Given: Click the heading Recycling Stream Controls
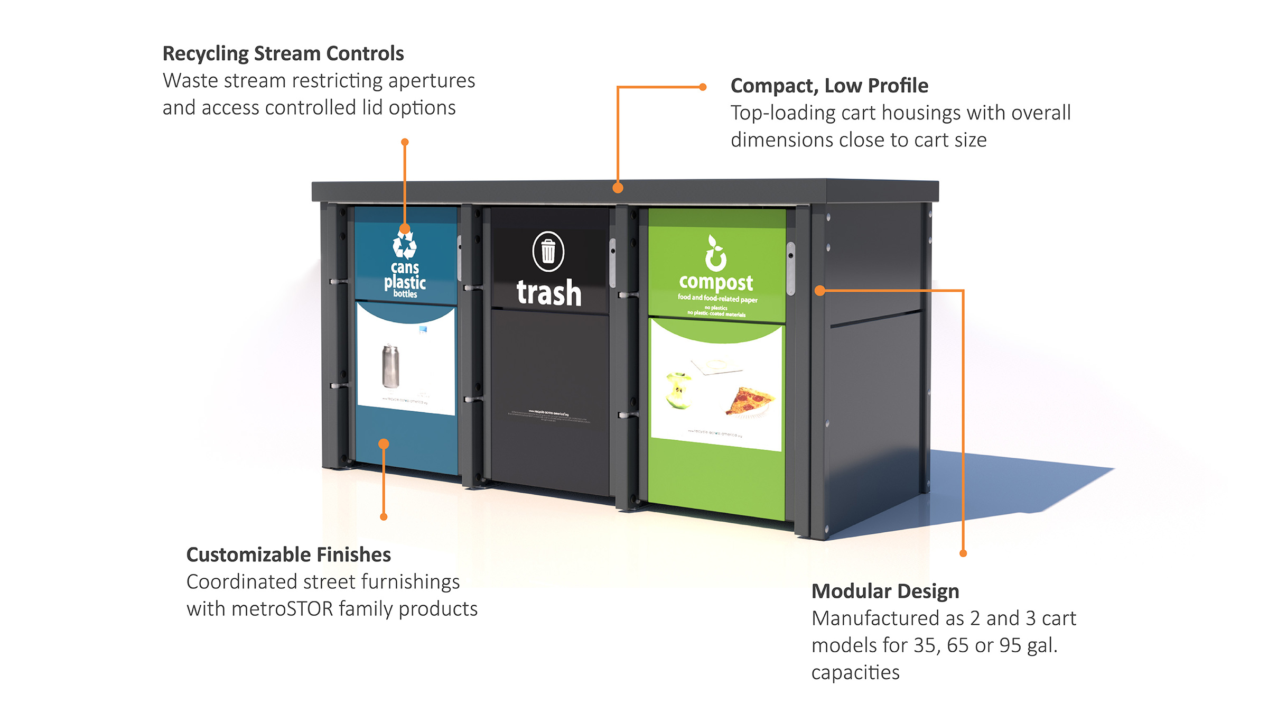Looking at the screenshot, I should point(283,54).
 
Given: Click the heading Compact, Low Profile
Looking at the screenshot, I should point(829,86).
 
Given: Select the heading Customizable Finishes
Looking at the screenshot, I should point(288,555).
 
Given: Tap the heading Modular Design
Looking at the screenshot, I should point(885,591).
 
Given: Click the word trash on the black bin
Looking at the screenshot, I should point(548,293).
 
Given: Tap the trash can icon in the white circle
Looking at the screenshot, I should point(548,252).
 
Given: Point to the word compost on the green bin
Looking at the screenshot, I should point(716,283).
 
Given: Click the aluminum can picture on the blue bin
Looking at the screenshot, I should point(390,366).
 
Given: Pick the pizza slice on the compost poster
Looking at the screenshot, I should point(750,400).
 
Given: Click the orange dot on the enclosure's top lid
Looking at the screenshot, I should point(618,188).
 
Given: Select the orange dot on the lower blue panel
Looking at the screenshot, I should point(384,444).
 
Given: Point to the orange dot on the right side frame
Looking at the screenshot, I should point(819,290).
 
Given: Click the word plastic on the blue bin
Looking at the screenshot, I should point(405,282).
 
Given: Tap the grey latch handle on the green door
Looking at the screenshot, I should point(790,269).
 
